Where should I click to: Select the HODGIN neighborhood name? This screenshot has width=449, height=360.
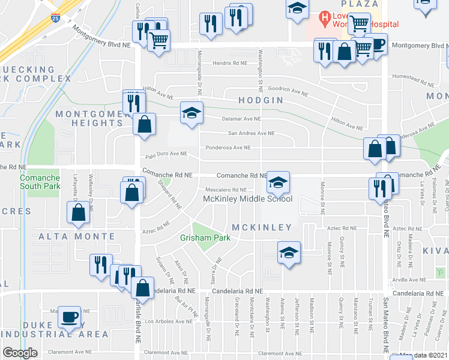[260, 100]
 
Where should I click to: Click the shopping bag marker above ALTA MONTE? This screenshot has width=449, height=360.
[78, 212]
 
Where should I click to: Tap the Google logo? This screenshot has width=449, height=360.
[20, 352]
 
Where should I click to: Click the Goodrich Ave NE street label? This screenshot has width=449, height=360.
[288, 91]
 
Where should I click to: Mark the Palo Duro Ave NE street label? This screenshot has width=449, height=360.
[164, 154]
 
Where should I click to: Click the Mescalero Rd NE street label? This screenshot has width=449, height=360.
[223, 190]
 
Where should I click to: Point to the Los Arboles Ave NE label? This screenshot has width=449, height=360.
[173, 320]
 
